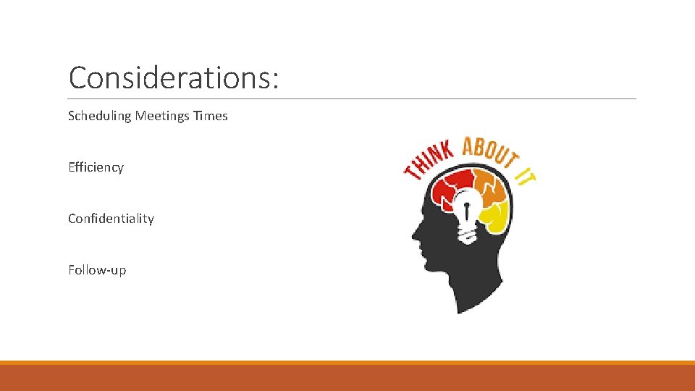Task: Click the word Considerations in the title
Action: coord(169,77)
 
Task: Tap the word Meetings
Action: coord(163,116)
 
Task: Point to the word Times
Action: coord(211,116)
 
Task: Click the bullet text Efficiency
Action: coord(96,167)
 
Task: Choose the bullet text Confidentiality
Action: coord(111,219)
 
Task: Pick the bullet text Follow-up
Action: coord(97,270)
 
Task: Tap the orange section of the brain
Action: coord(492,187)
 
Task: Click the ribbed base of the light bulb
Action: coord(468,233)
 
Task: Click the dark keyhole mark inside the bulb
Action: coord(468,212)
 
